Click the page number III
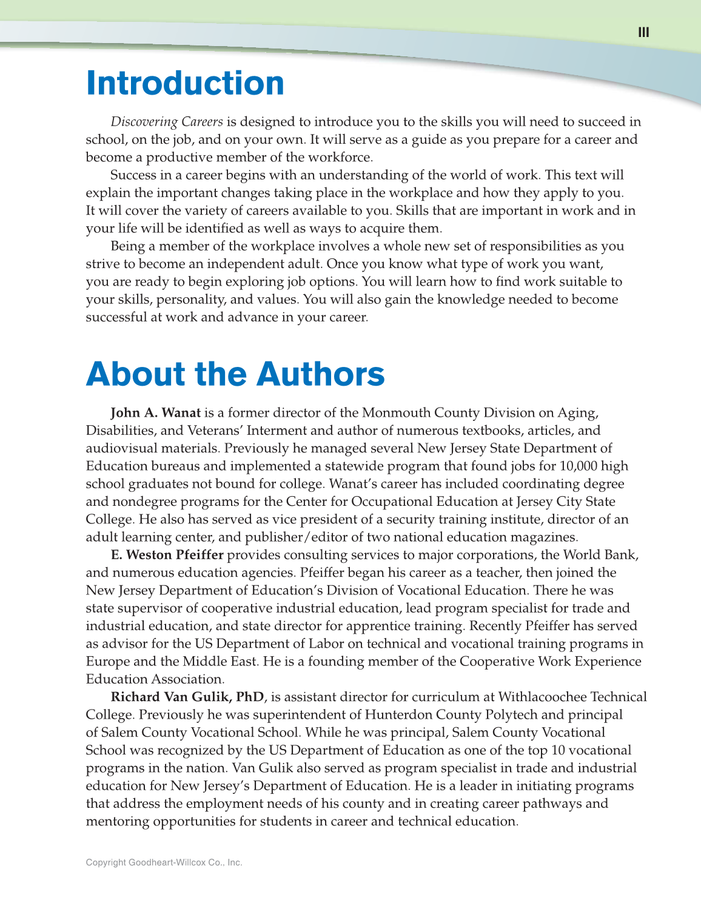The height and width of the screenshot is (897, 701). pyautogui.click(x=643, y=32)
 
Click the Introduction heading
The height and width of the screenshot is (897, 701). pyautogui.click(x=185, y=83)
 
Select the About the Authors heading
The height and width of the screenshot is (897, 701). pyautogui.click(x=235, y=374)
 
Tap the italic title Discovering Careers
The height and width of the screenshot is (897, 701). pyautogui.click(x=167, y=122)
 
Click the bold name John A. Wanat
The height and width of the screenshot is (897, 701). pyautogui.click(x=155, y=413)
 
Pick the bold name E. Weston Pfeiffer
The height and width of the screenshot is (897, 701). pyautogui.click(x=167, y=555)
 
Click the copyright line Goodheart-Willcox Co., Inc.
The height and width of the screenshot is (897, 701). pyautogui.click(x=164, y=862)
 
